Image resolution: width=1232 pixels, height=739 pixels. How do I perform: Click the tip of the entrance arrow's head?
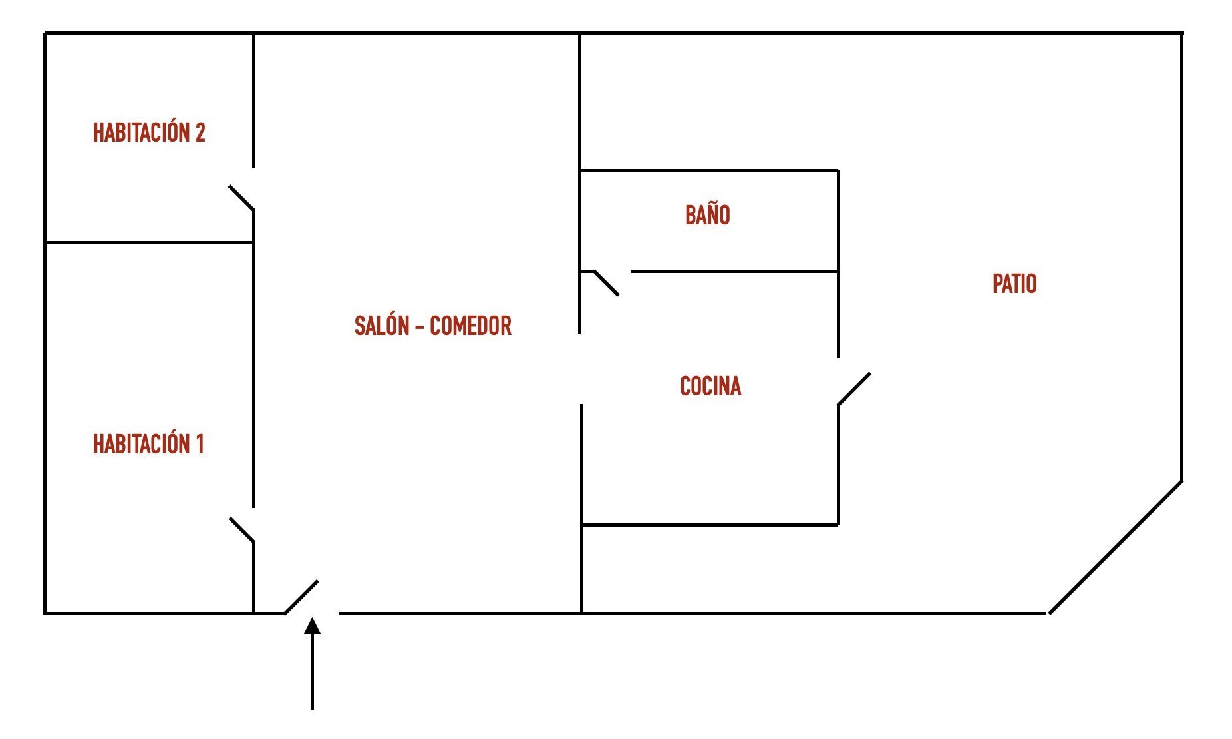(x=312, y=618)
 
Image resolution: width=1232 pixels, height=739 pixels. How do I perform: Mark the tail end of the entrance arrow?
(x=312, y=709)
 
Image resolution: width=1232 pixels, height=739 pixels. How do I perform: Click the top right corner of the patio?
(x=1182, y=33)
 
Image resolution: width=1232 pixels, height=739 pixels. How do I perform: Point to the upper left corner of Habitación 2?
(x=45, y=33)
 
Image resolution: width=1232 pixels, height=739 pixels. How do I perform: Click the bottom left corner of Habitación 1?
(x=45, y=613)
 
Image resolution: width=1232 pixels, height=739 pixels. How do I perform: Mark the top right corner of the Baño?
(x=838, y=171)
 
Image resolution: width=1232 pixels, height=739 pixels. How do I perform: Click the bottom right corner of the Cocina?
(x=838, y=525)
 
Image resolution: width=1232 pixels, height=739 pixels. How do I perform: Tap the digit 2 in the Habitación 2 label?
(x=200, y=133)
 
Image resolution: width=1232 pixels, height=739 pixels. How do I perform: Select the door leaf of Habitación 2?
(x=241, y=198)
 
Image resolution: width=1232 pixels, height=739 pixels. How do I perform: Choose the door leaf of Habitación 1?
(x=241, y=530)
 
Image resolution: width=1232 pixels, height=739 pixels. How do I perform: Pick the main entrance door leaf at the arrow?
(x=301, y=597)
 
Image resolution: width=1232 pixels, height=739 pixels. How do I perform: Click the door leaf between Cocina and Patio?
(x=854, y=389)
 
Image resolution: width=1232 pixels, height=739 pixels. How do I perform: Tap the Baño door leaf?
(x=606, y=283)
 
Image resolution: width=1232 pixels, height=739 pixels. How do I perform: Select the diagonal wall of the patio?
(x=1115, y=547)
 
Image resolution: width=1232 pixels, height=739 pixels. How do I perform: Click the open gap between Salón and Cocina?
(x=581, y=369)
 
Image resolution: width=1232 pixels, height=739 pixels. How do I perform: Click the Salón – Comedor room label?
(x=433, y=326)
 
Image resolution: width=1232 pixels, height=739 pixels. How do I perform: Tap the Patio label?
(x=1014, y=284)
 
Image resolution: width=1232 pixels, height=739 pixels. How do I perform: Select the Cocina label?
(x=710, y=386)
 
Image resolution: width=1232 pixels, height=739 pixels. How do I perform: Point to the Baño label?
(x=708, y=214)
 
